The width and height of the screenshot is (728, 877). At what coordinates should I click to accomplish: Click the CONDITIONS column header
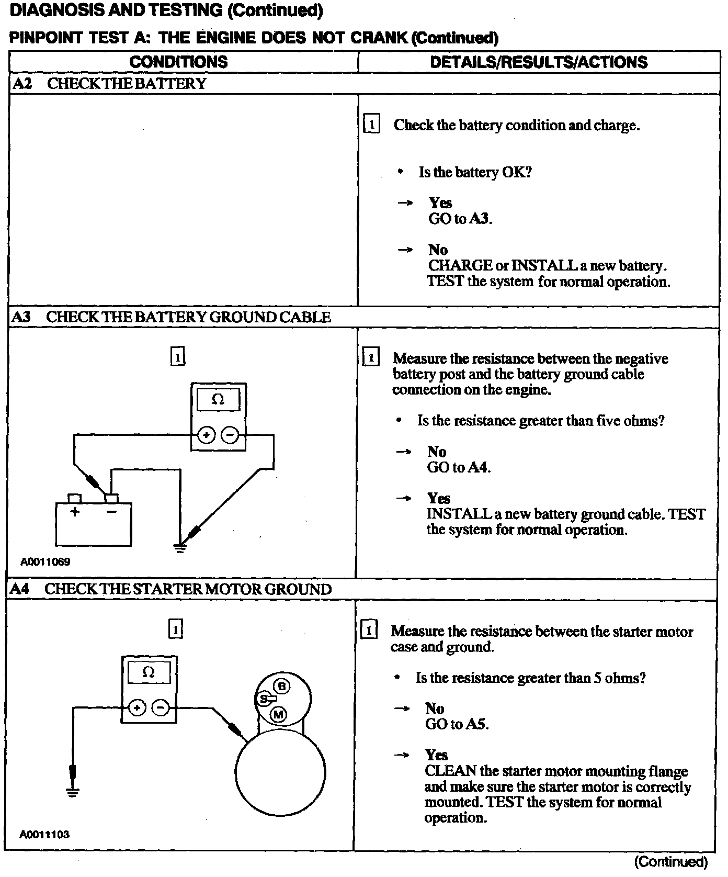tap(178, 62)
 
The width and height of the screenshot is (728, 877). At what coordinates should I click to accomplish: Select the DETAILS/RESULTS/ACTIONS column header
tap(539, 62)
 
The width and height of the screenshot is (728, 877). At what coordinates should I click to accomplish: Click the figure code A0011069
tap(45, 562)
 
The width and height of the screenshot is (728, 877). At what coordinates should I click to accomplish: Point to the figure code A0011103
tap(45, 834)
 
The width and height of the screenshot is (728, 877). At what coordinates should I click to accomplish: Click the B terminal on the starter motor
tap(281, 686)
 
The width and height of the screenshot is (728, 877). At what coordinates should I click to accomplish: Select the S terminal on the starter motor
tap(265, 699)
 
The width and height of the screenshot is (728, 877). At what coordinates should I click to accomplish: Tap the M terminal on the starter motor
tap(278, 714)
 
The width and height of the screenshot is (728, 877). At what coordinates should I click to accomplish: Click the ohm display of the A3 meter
tap(218, 400)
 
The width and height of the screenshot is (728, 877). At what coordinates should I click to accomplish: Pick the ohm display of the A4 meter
tap(149, 672)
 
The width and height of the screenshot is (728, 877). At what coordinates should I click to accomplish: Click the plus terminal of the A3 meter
tap(207, 435)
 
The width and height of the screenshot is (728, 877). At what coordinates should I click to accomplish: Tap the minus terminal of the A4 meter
tap(161, 708)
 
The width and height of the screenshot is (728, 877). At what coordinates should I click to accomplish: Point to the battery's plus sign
tap(75, 512)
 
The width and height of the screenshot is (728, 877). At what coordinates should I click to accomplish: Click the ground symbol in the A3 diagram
tap(180, 549)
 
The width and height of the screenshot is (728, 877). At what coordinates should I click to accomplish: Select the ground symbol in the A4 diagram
tap(73, 792)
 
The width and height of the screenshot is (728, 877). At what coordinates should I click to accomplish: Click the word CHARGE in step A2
tap(460, 265)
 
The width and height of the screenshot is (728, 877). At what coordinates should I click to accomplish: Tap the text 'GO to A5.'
tap(457, 724)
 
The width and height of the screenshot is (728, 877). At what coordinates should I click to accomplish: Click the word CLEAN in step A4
tap(450, 771)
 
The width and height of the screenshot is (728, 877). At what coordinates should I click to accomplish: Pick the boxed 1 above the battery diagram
tap(178, 357)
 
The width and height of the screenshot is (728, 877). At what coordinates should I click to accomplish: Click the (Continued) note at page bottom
tap(670, 862)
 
